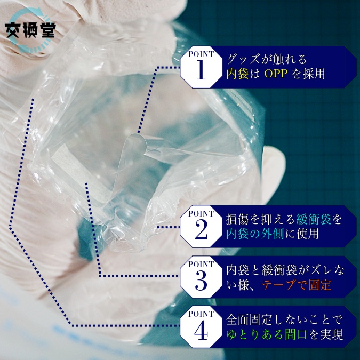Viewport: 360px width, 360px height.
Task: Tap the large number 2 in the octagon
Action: pyautogui.click(x=201, y=229)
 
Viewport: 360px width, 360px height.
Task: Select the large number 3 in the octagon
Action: pyautogui.click(x=201, y=281)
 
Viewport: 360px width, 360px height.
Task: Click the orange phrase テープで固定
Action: pyautogui.click(x=297, y=285)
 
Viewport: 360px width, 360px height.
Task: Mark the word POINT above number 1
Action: pyautogui.click(x=201, y=54)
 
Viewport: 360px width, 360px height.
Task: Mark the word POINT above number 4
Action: pyautogui.click(x=201, y=314)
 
